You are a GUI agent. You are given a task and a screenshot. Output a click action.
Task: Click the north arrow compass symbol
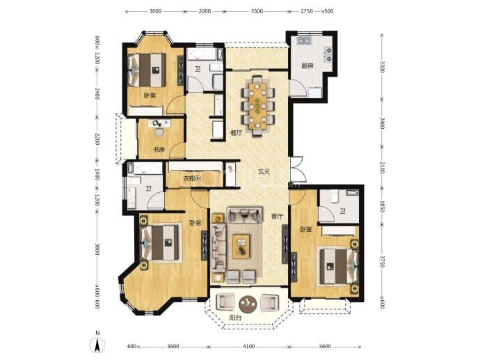97,345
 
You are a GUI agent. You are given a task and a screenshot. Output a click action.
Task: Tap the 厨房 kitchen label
307,65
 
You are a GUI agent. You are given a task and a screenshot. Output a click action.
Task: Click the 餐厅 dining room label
237,133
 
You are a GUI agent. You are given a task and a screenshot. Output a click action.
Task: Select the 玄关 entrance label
264,171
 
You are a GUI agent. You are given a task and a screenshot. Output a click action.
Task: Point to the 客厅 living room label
277,217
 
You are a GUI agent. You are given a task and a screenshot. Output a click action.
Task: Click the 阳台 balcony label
235,318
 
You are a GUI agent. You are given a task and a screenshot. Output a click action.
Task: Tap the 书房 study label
159,150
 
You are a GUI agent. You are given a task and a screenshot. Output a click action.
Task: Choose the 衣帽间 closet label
192,178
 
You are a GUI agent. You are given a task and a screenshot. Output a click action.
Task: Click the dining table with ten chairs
257,106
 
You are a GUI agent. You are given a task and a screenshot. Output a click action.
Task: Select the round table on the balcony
248,304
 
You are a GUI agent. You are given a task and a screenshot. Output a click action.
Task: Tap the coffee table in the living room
241,246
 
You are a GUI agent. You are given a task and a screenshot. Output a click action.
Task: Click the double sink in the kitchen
304,40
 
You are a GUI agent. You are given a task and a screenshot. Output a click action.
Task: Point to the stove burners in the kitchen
328,54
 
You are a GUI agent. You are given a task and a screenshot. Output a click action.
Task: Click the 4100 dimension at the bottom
248,347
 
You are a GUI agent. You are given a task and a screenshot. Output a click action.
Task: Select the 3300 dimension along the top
257,11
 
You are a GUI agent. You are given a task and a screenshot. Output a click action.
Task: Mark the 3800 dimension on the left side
97,249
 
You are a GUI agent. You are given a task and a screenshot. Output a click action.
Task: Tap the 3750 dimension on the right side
382,261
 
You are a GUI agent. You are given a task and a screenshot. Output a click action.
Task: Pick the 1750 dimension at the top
306,11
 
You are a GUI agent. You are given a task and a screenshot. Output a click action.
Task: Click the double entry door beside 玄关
297,169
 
